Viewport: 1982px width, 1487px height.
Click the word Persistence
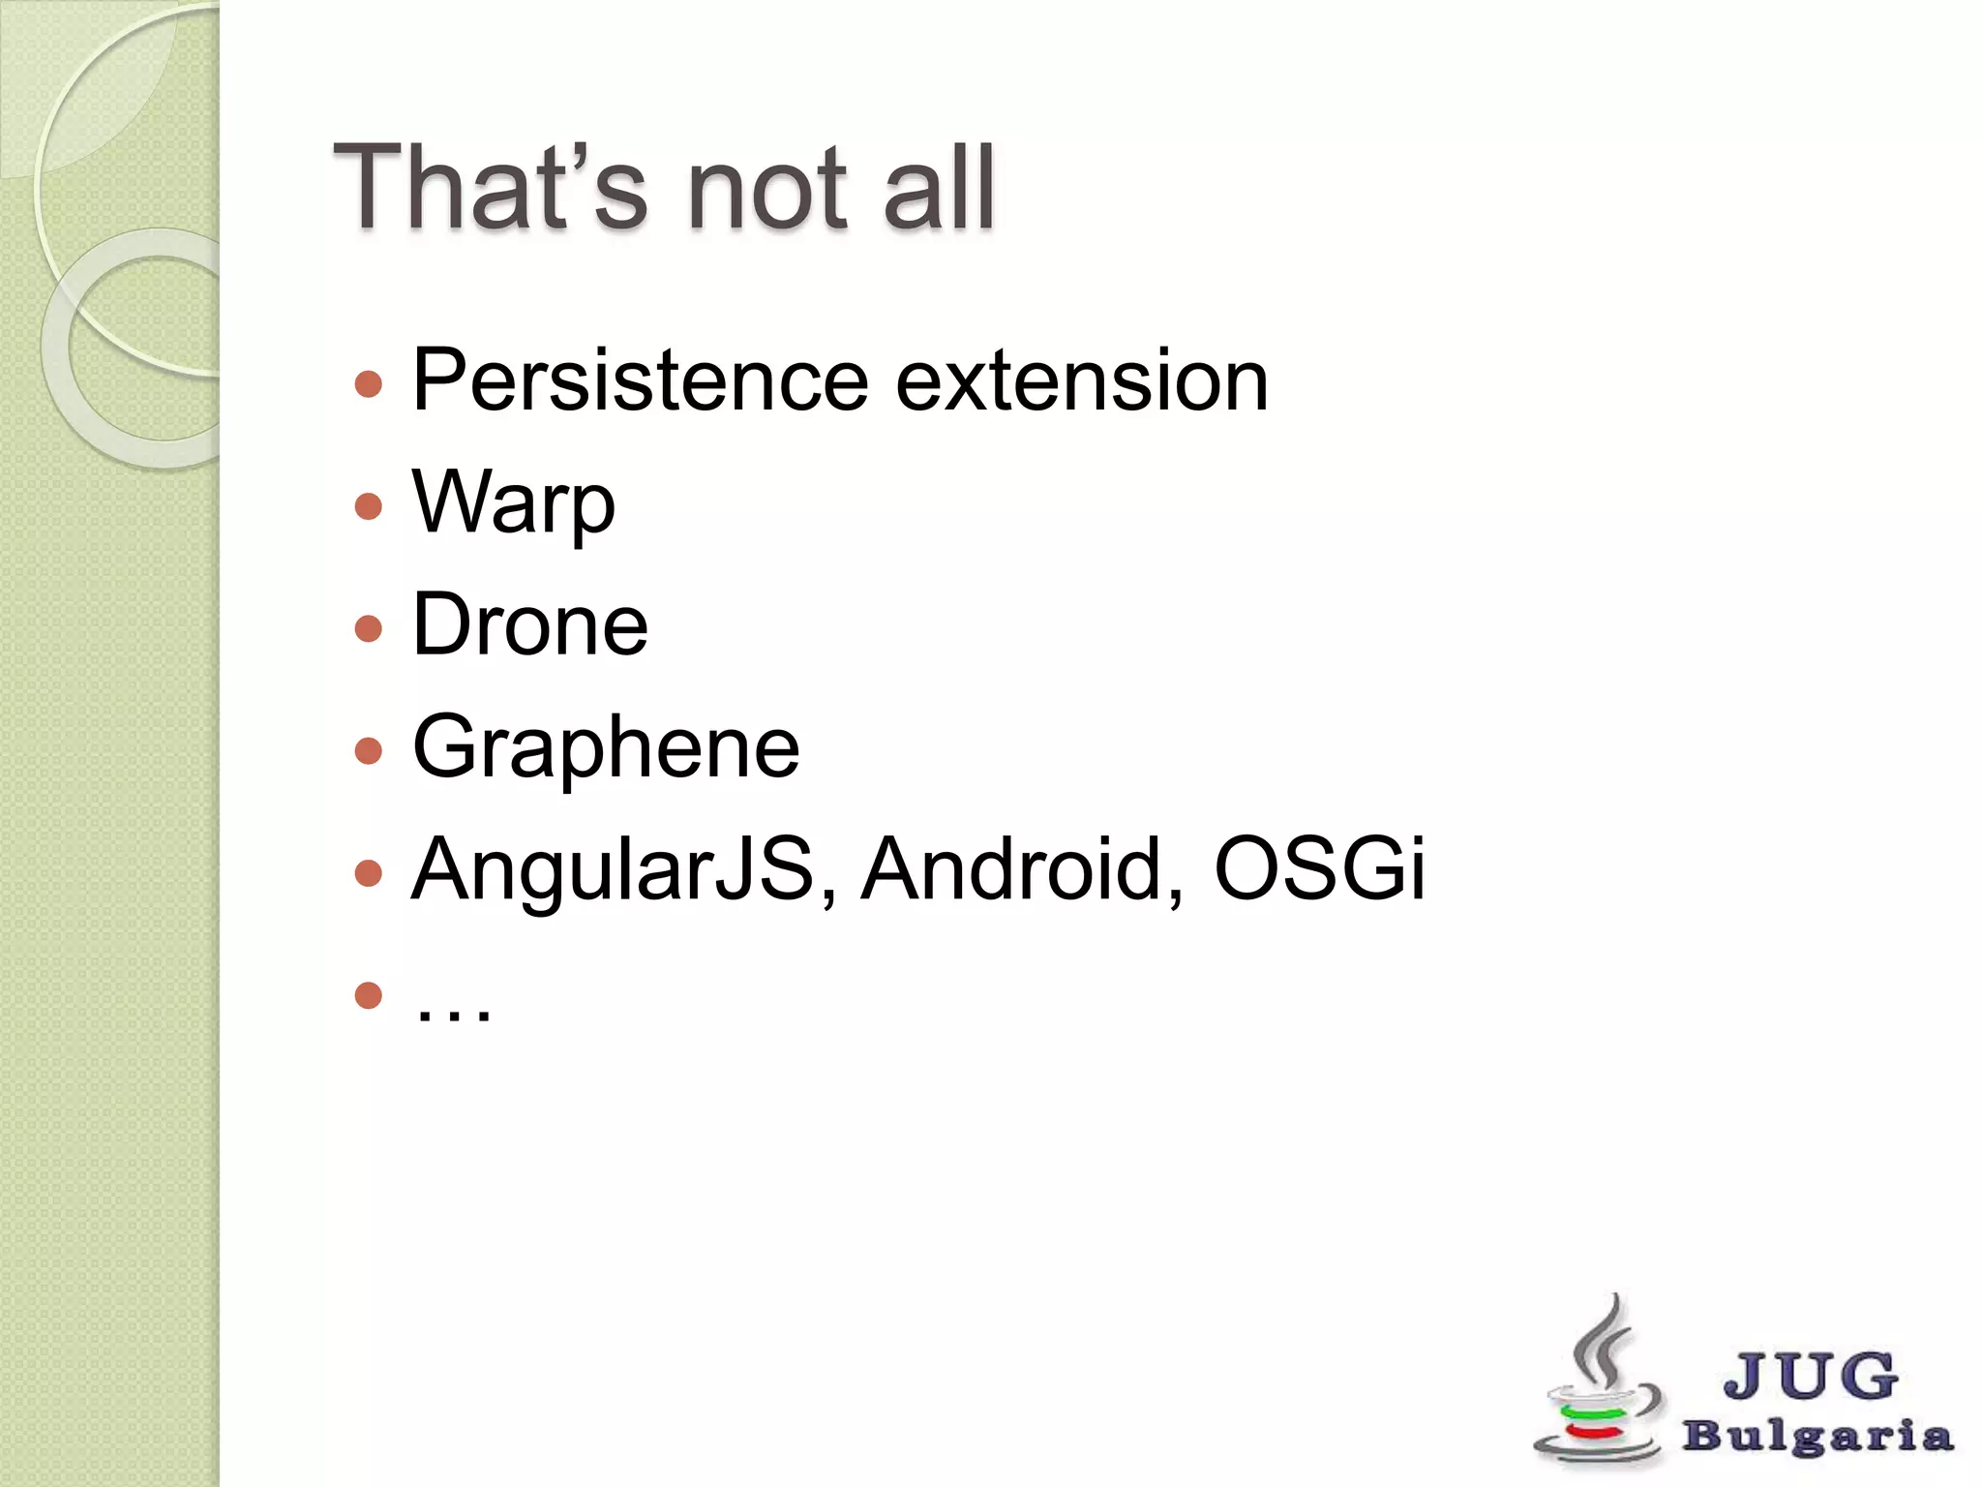pyautogui.click(x=640, y=380)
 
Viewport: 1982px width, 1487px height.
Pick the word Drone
pyautogui.click(x=529, y=625)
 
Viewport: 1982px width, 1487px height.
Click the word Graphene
pyautogui.click(x=606, y=748)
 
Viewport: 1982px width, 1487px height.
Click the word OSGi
pyautogui.click(x=1319, y=868)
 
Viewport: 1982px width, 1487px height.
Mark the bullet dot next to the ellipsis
pyautogui.click(x=369, y=995)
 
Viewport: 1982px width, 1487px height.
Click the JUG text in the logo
pyautogui.click(x=1810, y=1376)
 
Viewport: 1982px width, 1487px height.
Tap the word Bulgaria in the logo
pyautogui.click(x=1817, y=1436)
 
